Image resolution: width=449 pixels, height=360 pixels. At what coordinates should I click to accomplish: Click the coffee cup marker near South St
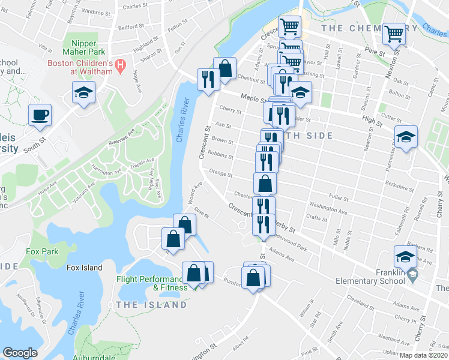tap(40, 115)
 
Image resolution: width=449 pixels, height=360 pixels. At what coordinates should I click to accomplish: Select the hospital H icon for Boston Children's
tap(120, 64)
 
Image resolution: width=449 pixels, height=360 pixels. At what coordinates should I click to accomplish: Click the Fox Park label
tap(42, 251)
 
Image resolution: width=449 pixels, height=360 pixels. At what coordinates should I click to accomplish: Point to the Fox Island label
tap(85, 268)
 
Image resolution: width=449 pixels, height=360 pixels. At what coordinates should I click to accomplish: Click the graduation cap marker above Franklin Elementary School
tap(406, 257)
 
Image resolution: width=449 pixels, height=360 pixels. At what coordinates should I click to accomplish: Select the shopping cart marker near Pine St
tap(395, 34)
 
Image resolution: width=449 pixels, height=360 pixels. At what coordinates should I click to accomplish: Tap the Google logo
tap(20, 352)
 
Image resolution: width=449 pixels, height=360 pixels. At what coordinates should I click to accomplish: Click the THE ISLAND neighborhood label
tap(151, 305)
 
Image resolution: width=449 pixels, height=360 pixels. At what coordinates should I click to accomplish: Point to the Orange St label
tap(221, 173)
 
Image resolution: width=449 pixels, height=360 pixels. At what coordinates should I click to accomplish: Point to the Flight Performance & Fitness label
tap(152, 283)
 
